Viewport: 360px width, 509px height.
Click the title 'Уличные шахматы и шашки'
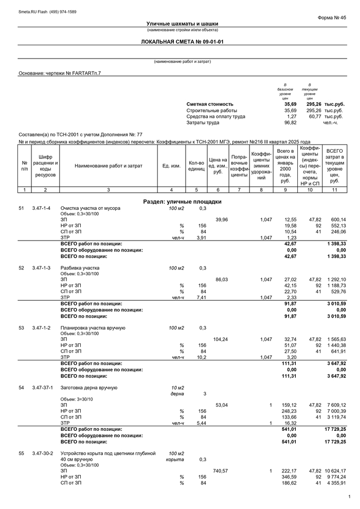click(182, 24)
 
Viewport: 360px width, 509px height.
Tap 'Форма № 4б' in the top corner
click(332, 17)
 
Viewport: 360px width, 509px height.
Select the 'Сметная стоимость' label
click(210, 104)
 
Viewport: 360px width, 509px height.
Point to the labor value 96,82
click(290, 122)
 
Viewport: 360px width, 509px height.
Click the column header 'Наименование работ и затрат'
click(108, 166)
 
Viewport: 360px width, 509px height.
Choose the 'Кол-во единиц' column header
click(196, 166)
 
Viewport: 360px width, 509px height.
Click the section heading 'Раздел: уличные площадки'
click(182, 202)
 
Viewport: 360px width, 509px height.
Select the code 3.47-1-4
click(41, 208)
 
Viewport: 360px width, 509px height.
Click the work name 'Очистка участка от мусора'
click(90, 208)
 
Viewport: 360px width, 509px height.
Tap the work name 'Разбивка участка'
click(80, 268)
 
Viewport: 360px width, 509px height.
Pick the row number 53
click(22, 328)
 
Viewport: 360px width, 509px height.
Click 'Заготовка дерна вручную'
click(89, 387)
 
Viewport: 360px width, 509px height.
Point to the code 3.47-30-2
click(42, 453)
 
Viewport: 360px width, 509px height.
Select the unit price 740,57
click(220, 470)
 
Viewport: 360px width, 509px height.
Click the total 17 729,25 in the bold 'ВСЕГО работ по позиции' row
click(335, 429)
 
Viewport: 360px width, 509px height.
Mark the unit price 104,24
click(221, 339)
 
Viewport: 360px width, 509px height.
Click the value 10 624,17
click(335, 470)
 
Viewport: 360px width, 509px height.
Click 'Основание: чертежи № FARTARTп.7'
click(60, 73)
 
